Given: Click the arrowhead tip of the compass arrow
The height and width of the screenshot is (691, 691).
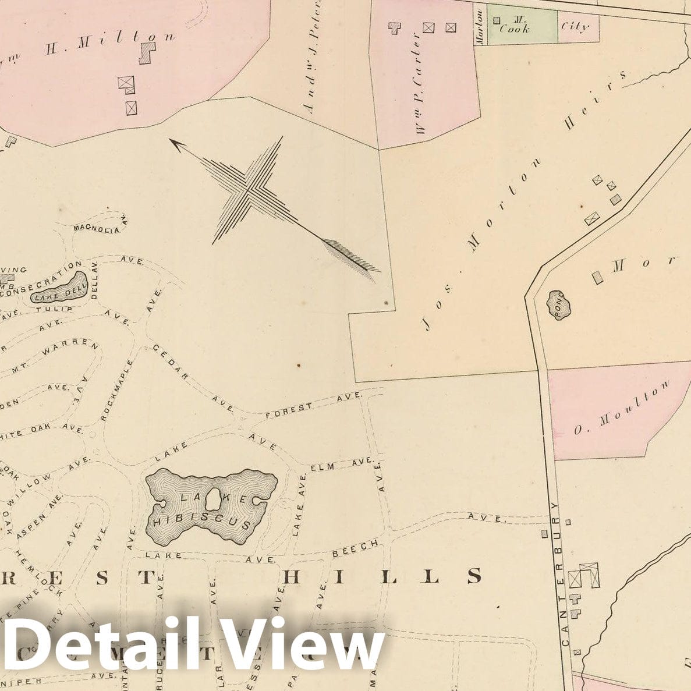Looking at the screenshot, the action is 171,140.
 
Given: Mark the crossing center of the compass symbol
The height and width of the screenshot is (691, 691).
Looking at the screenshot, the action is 250,188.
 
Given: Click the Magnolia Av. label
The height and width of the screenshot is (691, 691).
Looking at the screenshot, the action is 100,226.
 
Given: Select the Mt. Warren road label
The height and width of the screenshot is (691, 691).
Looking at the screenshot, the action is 68,351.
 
